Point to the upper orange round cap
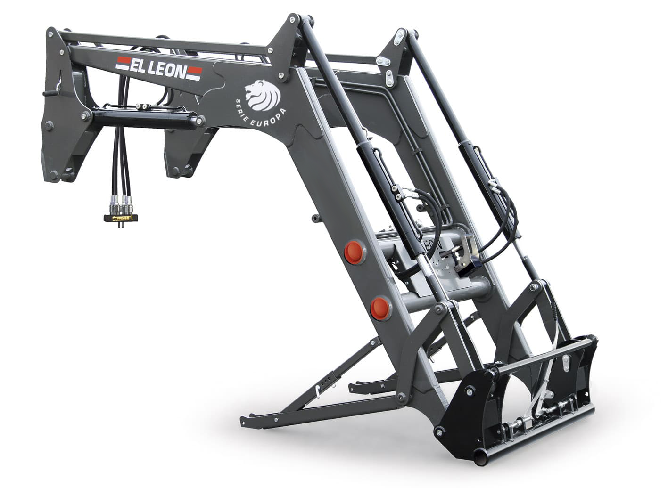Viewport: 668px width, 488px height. click(x=354, y=252)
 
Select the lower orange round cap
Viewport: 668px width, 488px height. click(x=379, y=307)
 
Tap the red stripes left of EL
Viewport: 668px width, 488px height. click(x=123, y=62)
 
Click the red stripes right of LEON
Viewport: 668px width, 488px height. click(x=195, y=72)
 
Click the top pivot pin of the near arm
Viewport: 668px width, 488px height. click(x=295, y=20)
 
